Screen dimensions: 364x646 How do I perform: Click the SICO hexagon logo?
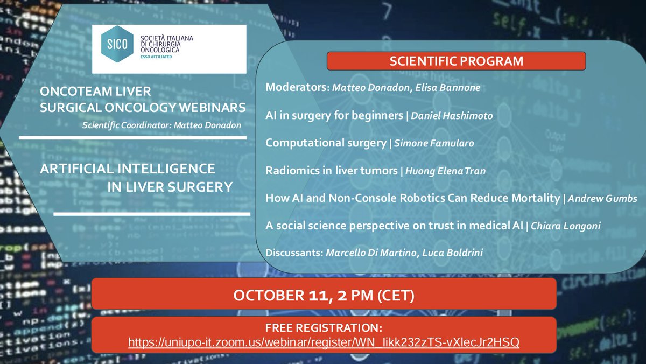click(116, 45)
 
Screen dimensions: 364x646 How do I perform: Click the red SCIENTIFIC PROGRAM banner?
click(456, 61)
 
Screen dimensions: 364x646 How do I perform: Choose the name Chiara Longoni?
click(566, 226)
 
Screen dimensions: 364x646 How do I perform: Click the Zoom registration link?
click(324, 342)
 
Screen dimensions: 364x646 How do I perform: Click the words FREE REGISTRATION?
click(324, 328)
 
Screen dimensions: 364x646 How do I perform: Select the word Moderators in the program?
click(296, 88)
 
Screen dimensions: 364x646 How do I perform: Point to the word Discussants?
click(294, 253)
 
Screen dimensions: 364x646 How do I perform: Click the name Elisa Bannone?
click(448, 88)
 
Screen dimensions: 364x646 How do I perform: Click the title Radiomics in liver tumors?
click(331, 171)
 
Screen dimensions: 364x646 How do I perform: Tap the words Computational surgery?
click(326, 143)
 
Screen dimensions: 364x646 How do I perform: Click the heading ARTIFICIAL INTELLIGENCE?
click(128, 169)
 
